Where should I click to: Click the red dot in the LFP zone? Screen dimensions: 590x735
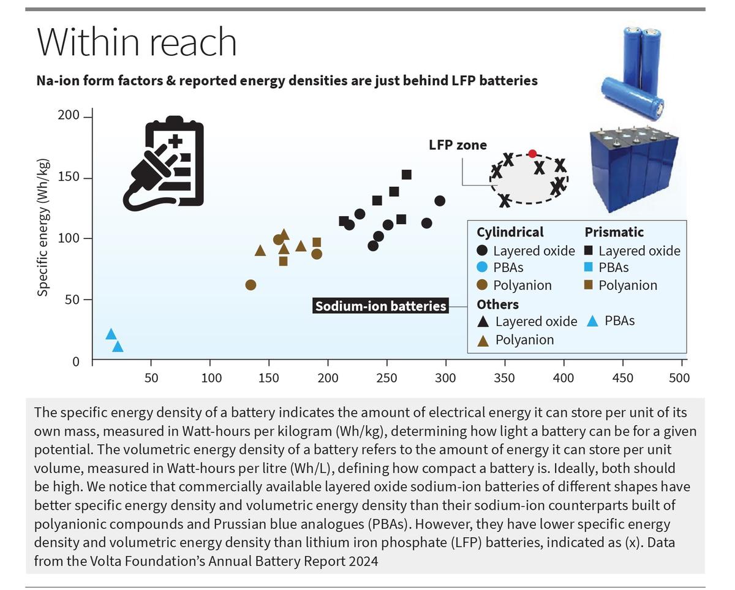532,154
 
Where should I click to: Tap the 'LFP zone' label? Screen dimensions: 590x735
458,145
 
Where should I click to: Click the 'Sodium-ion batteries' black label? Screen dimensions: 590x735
380,306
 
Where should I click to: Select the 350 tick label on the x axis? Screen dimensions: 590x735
505,378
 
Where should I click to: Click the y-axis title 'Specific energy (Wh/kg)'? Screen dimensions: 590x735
43,227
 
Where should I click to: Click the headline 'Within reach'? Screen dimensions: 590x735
137,42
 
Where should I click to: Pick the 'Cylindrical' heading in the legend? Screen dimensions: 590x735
510,232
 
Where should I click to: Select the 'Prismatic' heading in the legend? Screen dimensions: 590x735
614,232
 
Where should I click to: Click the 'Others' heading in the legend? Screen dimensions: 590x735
497,304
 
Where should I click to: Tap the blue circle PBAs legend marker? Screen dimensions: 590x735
483,268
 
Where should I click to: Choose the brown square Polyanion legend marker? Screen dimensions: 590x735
589,286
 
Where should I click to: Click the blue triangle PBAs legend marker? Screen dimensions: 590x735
592,320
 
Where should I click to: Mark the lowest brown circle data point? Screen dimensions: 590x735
251,285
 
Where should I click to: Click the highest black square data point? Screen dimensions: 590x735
406,175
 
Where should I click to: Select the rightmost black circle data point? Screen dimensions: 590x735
440,201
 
